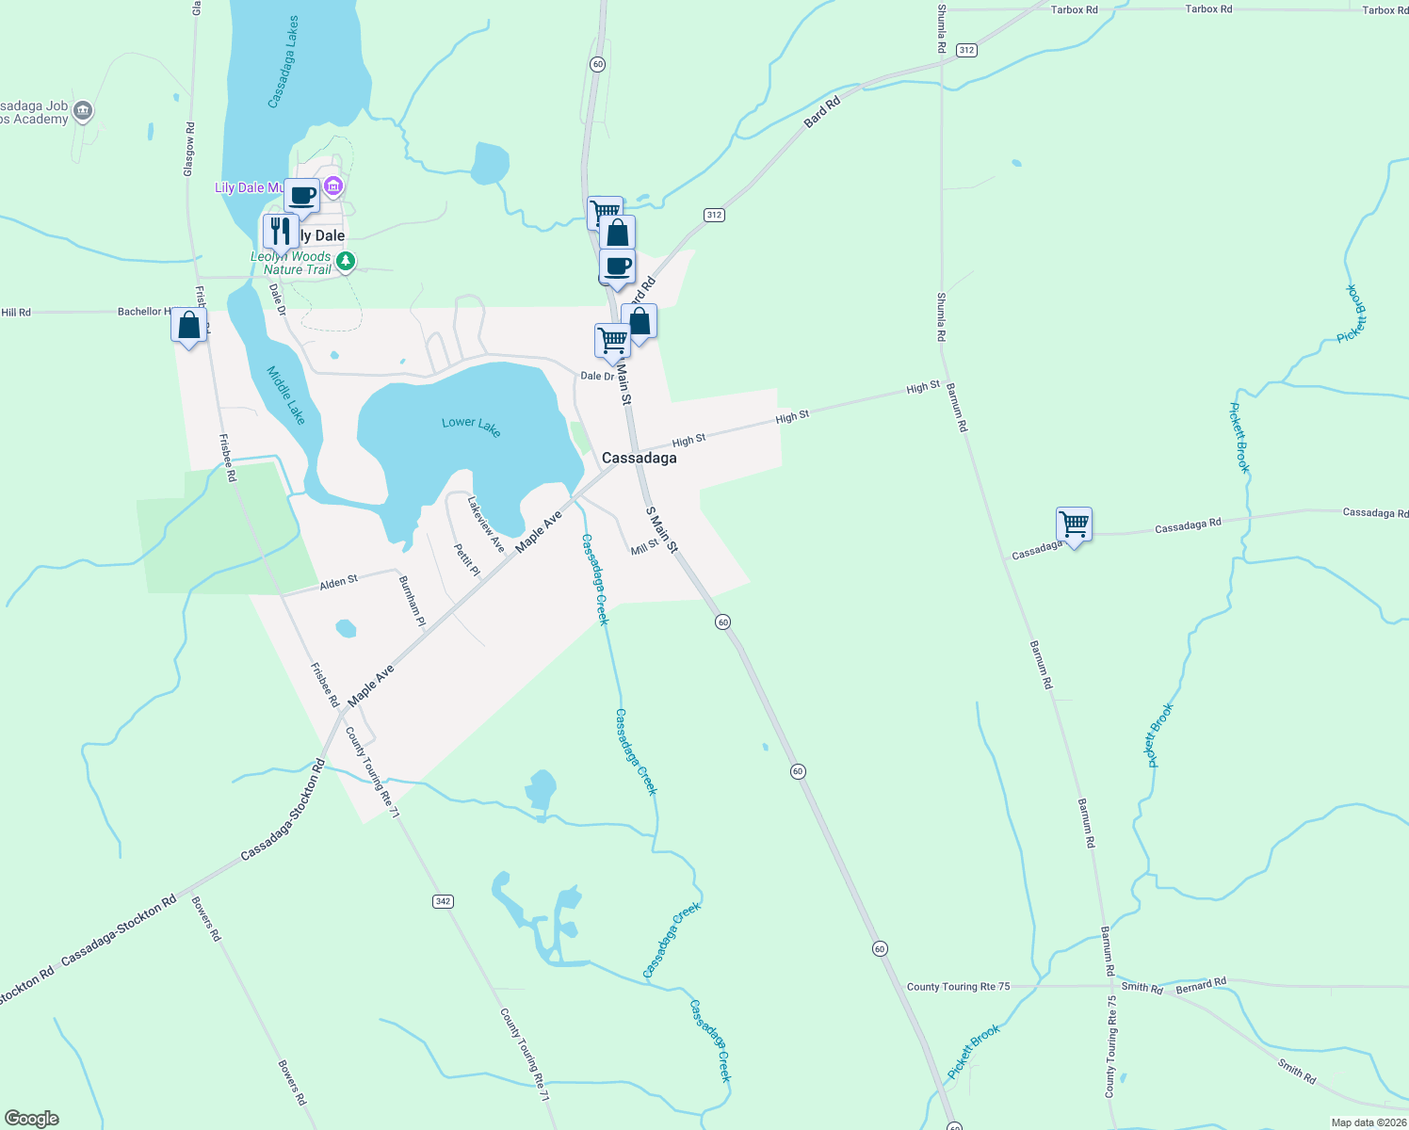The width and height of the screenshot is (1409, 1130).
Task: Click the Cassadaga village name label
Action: (x=639, y=458)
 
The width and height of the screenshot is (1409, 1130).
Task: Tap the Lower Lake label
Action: (x=471, y=426)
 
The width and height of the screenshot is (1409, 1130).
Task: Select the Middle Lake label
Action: (x=286, y=395)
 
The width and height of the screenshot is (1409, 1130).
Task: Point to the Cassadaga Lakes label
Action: (x=283, y=61)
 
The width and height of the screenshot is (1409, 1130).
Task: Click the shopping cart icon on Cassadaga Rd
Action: (x=1074, y=524)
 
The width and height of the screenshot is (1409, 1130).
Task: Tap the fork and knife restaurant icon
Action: (x=280, y=230)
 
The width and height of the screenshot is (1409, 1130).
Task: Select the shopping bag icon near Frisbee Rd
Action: (x=189, y=326)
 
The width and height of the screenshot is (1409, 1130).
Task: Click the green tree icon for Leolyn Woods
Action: (x=346, y=261)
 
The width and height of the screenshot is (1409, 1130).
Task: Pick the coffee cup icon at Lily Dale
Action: (x=301, y=196)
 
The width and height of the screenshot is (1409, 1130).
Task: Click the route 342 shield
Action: (x=443, y=901)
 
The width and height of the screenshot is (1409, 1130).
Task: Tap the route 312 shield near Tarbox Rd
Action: (x=966, y=50)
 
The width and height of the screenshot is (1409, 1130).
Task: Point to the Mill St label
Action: (x=644, y=547)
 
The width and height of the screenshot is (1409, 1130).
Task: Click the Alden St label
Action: (x=338, y=583)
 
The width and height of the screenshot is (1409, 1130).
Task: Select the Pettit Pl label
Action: (x=466, y=559)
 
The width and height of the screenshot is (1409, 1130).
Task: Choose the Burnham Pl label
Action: (x=413, y=602)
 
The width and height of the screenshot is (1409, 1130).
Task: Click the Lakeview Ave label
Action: (x=486, y=525)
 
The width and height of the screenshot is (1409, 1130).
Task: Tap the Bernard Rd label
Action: (x=1201, y=985)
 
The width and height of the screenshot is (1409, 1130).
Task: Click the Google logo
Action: (x=32, y=1119)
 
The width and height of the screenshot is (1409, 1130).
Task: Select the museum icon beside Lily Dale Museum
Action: (x=332, y=187)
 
